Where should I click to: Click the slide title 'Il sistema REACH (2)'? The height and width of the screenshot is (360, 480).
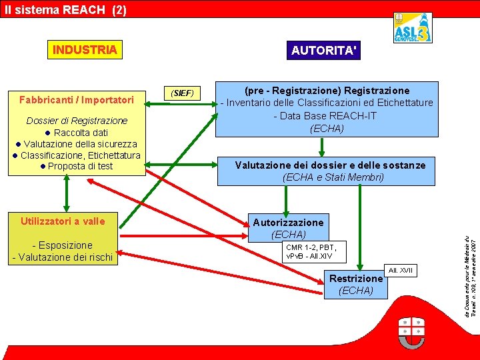64,9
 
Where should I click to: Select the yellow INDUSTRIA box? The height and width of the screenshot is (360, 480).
85,50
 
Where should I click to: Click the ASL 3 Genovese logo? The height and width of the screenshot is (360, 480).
411,29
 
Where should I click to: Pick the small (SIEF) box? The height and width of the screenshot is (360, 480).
182,93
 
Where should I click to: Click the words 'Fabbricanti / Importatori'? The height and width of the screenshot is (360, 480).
76,100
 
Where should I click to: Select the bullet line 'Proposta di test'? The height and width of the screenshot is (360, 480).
76,166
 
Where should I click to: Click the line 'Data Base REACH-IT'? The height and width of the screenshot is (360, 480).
327,115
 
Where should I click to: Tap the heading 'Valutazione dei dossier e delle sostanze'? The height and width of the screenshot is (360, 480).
330,165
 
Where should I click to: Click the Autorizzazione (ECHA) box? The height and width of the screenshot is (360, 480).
288,227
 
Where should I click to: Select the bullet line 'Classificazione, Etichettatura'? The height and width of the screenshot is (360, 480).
77,155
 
